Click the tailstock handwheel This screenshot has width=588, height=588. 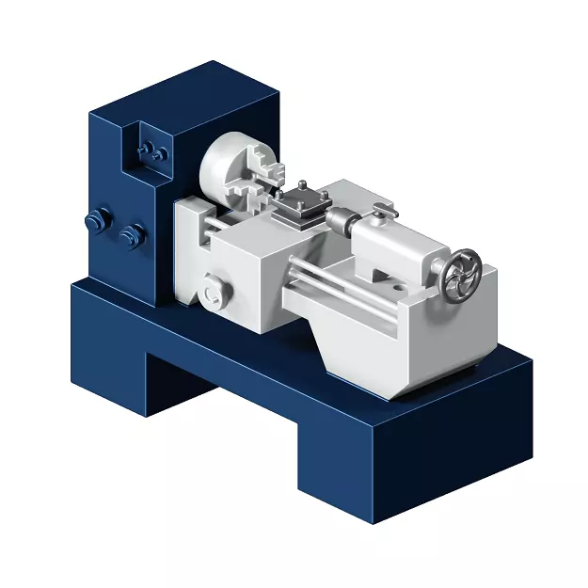tap(462, 277)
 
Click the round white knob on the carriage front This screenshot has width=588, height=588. tap(214, 290)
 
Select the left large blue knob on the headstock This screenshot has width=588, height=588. tap(93, 222)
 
